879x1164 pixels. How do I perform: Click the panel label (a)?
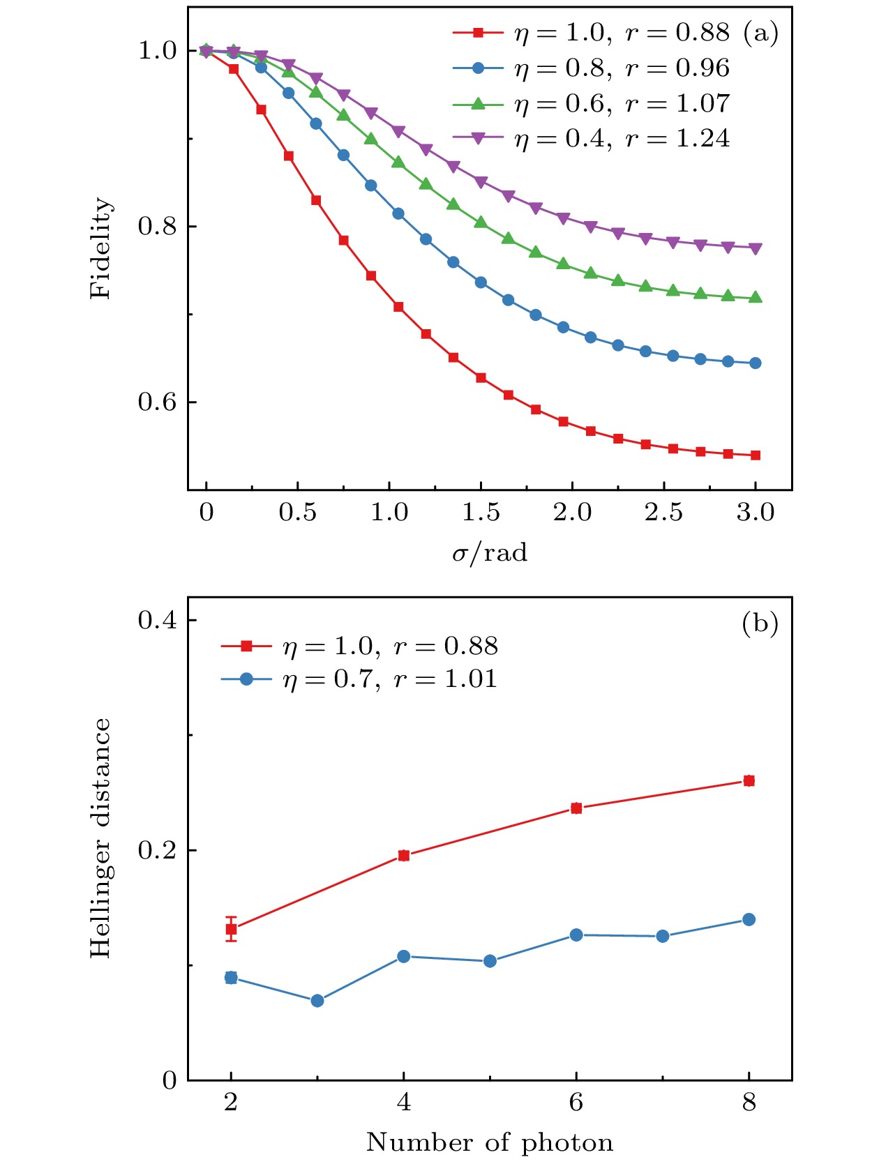[760, 33]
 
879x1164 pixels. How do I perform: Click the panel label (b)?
[760, 623]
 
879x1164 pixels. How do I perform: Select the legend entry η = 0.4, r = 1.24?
[622, 138]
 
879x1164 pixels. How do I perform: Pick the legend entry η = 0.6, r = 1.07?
[622, 103]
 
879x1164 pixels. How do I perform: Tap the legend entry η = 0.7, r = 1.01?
[390, 679]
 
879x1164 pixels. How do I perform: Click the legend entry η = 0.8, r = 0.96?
[622, 68]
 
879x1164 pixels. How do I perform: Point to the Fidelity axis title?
[101, 248]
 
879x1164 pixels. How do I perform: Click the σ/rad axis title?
[490, 553]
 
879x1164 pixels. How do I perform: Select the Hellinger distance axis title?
[101, 838]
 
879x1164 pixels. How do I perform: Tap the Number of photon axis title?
[490, 1142]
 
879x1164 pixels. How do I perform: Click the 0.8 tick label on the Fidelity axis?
[157, 227]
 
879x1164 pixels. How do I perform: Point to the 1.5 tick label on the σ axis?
[481, 513]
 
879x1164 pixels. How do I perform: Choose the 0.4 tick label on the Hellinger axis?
[157, 620]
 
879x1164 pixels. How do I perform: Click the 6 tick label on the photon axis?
[576, 1103]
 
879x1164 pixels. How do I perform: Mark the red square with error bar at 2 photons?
[231, 929]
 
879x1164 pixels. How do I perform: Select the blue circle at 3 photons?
[317, 1001]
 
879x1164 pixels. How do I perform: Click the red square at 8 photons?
[749, 781]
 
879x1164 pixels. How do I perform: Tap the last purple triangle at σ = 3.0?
[756, 248]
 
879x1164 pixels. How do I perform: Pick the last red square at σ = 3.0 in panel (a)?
[756, 455]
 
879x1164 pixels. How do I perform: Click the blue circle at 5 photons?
[490, 961]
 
